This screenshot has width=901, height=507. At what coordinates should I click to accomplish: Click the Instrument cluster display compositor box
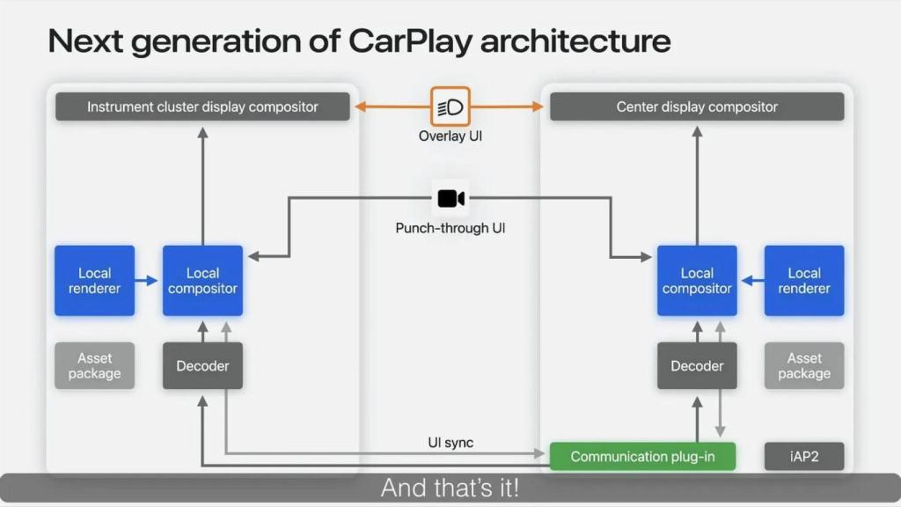(202, 107)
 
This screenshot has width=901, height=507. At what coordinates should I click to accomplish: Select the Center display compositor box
(697, 107)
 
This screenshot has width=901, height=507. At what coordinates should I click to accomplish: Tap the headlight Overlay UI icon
(450, 107)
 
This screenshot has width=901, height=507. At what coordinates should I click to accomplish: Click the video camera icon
(450, 199)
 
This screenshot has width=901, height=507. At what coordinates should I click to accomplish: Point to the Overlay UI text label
(450, 136)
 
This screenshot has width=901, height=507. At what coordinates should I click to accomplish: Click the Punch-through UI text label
(450, 228)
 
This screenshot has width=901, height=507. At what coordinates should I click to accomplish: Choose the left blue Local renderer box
(94, 281)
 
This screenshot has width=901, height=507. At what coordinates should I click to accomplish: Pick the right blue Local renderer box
(803, 281)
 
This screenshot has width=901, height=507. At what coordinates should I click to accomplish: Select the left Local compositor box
(202, 281)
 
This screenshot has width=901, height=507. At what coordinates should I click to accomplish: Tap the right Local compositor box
(697, 281)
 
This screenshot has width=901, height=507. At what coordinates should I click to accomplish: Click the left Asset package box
(94, 365)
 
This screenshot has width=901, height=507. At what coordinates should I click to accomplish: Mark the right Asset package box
(803, 365)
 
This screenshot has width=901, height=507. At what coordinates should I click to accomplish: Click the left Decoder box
(202, 365)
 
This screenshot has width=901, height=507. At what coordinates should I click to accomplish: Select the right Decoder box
(697, 365)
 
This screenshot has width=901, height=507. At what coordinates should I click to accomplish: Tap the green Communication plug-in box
(642, 456)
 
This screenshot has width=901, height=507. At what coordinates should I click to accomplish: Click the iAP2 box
(803, 456)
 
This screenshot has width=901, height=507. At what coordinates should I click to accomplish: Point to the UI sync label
(450, 442)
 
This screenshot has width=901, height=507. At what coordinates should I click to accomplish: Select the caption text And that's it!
(450, 488)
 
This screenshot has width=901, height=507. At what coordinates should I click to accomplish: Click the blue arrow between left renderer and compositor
(148, 282)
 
